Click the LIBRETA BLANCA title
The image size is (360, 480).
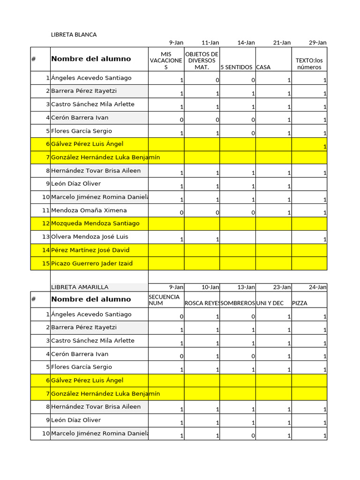coord(74,35)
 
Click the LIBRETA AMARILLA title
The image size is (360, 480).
coord(79,287)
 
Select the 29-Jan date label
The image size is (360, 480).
coord(317,43)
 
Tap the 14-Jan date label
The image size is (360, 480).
coord(246,43)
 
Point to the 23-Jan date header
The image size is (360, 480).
coord(282,287)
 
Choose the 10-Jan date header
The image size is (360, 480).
coord(210,287)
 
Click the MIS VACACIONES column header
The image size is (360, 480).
coord(166,60)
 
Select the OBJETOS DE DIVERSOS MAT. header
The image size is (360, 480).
coord(202,60)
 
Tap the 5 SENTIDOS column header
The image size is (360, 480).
coord(237,67)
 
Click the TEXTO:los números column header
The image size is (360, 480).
coord(309,64)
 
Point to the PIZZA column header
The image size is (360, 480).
coord(300,303)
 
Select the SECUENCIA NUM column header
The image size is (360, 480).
coord(164,300)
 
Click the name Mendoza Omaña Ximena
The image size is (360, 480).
coord(89,210)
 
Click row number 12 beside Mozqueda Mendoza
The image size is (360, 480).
coord(45,224)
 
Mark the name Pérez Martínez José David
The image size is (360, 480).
coord(90,250)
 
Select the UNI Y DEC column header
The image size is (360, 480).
coord(270,303)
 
